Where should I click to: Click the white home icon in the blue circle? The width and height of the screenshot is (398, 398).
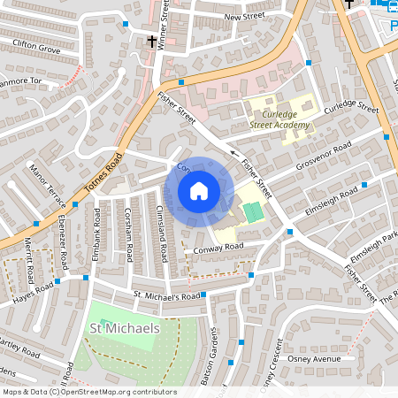[199, 191]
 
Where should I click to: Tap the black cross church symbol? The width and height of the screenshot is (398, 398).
[152, 41]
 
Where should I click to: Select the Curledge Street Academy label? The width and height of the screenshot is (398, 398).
[279, 119]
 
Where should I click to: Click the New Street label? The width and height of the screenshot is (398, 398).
[244, 17]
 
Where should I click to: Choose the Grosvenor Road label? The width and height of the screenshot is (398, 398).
[324, 155]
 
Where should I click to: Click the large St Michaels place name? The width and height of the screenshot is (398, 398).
[125, 328]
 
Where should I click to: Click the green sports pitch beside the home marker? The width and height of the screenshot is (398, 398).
[253, 212]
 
